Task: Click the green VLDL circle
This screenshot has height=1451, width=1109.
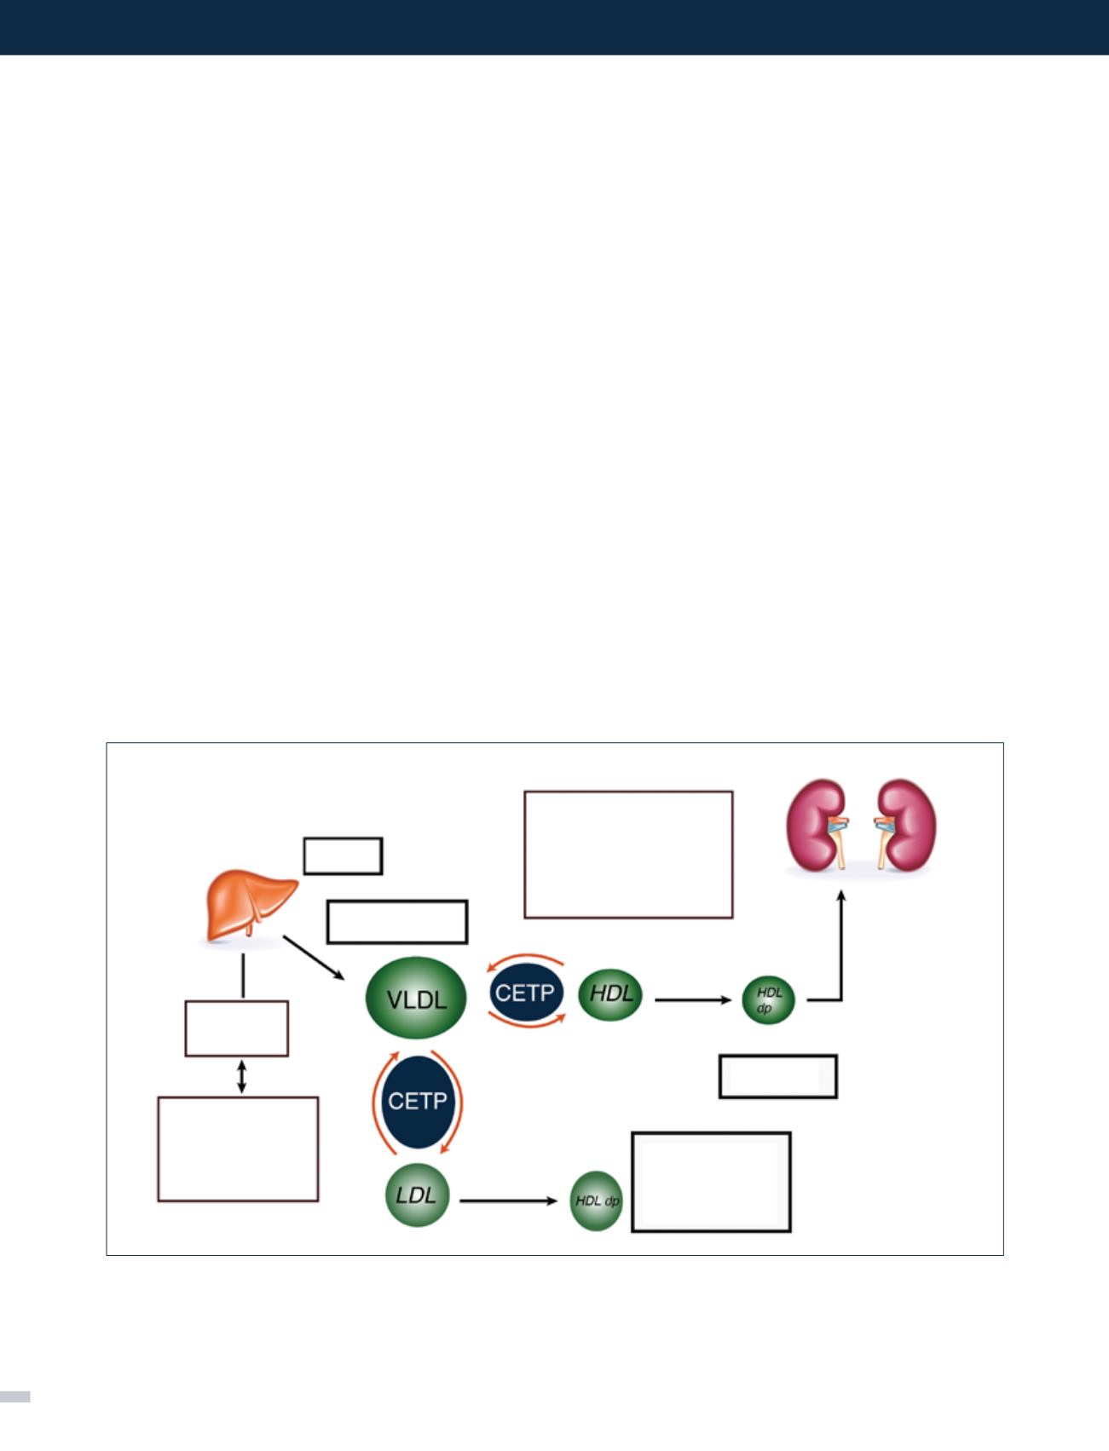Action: click(x=416, y=999)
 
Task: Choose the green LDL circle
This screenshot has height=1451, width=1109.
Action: click(x=416, y=1194)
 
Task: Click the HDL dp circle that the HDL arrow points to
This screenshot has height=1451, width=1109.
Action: click(x=768, y=999)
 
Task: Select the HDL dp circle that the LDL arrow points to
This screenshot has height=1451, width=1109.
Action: click(x=597, y=1201)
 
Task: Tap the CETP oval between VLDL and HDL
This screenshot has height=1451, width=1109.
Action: click(x=525, y=993)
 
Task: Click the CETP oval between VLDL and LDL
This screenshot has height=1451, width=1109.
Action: click(x=416, y=1101)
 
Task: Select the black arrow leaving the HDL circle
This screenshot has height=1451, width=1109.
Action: click(x=692, y=999)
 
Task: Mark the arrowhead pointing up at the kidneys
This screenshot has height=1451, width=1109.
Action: click(x=841, y=897)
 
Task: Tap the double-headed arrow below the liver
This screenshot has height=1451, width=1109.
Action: click(x=242, y=1076)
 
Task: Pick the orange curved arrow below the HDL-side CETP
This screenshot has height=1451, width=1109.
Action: click(x=525, y=1023)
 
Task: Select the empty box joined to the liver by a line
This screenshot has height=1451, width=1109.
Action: click(x=237, y=1028)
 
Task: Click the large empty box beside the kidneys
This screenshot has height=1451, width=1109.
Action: click(x=628, y=855)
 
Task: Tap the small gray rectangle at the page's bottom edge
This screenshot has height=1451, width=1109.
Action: click(x=15, y=1396)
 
